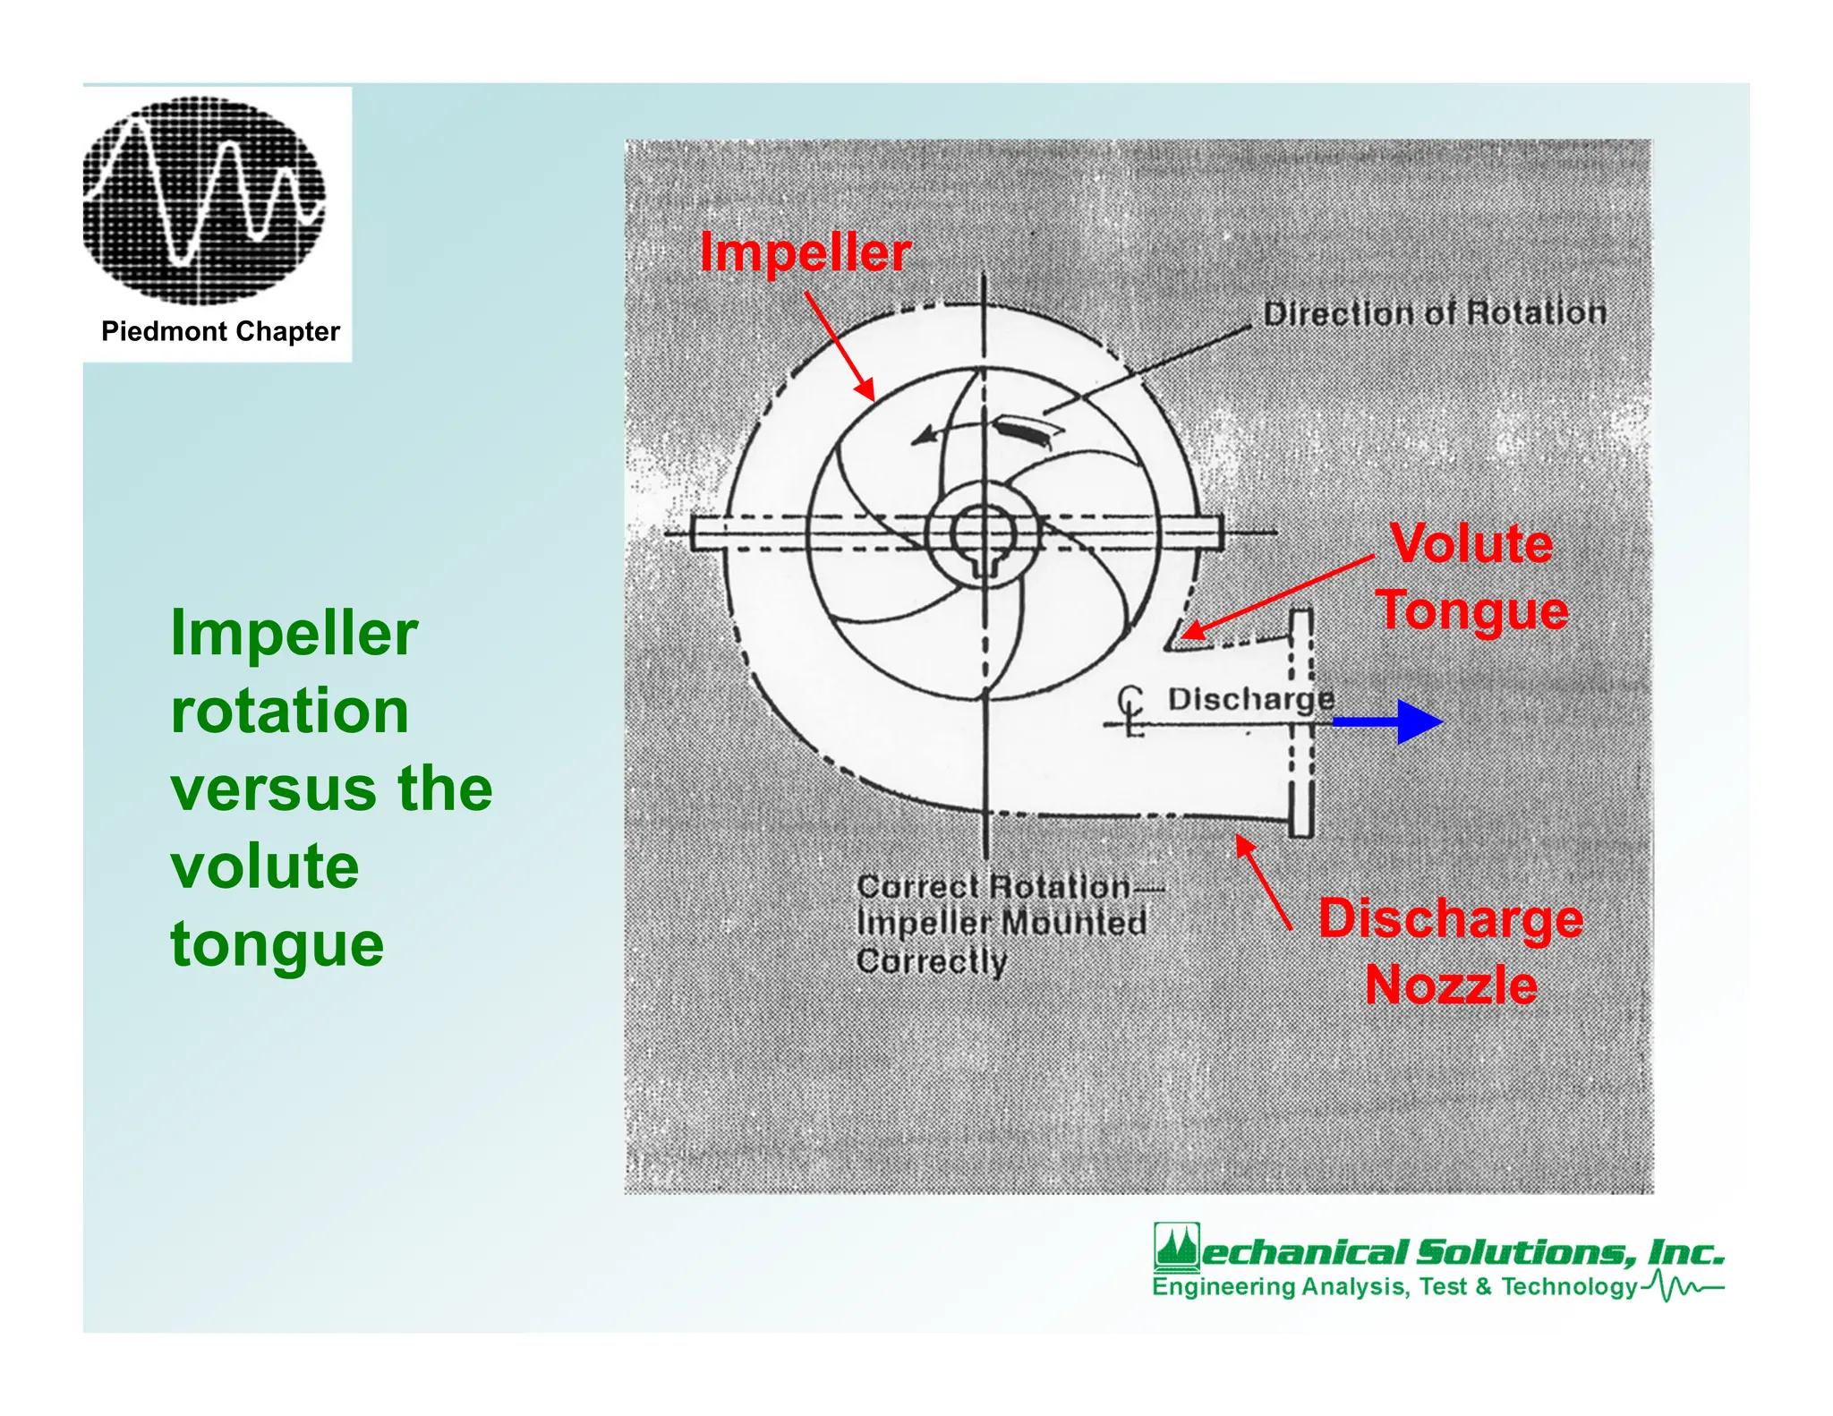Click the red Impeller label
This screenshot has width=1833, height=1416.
pyautogui.click(x=805, y=252)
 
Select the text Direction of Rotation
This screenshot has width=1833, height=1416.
pyautogui.click(x=1434, y=313)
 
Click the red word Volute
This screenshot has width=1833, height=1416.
pyautogui.click(x=1471, y=543)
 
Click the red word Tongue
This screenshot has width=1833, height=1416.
pyautogui.click(x=1471, y=610)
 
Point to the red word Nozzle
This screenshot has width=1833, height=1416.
pyautogui.click(x=1451, y=985)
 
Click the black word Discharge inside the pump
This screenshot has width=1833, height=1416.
pyautogui.click(x=1250, y=699)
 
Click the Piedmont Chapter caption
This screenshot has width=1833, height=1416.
pyautogui.click(x=220, y=332)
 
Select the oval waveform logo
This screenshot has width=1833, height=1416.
pyautogui.click(x=204, y=200)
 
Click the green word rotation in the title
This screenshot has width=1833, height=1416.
pyautogui.click(x=289, y=712)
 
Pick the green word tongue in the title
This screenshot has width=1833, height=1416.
pyautogui.click(x=277, y=944)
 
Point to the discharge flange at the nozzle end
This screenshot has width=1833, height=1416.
pyautogui.click(x=1300, y=723)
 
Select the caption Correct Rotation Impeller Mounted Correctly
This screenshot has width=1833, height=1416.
pyautogui.click(x=1001, y=924)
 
